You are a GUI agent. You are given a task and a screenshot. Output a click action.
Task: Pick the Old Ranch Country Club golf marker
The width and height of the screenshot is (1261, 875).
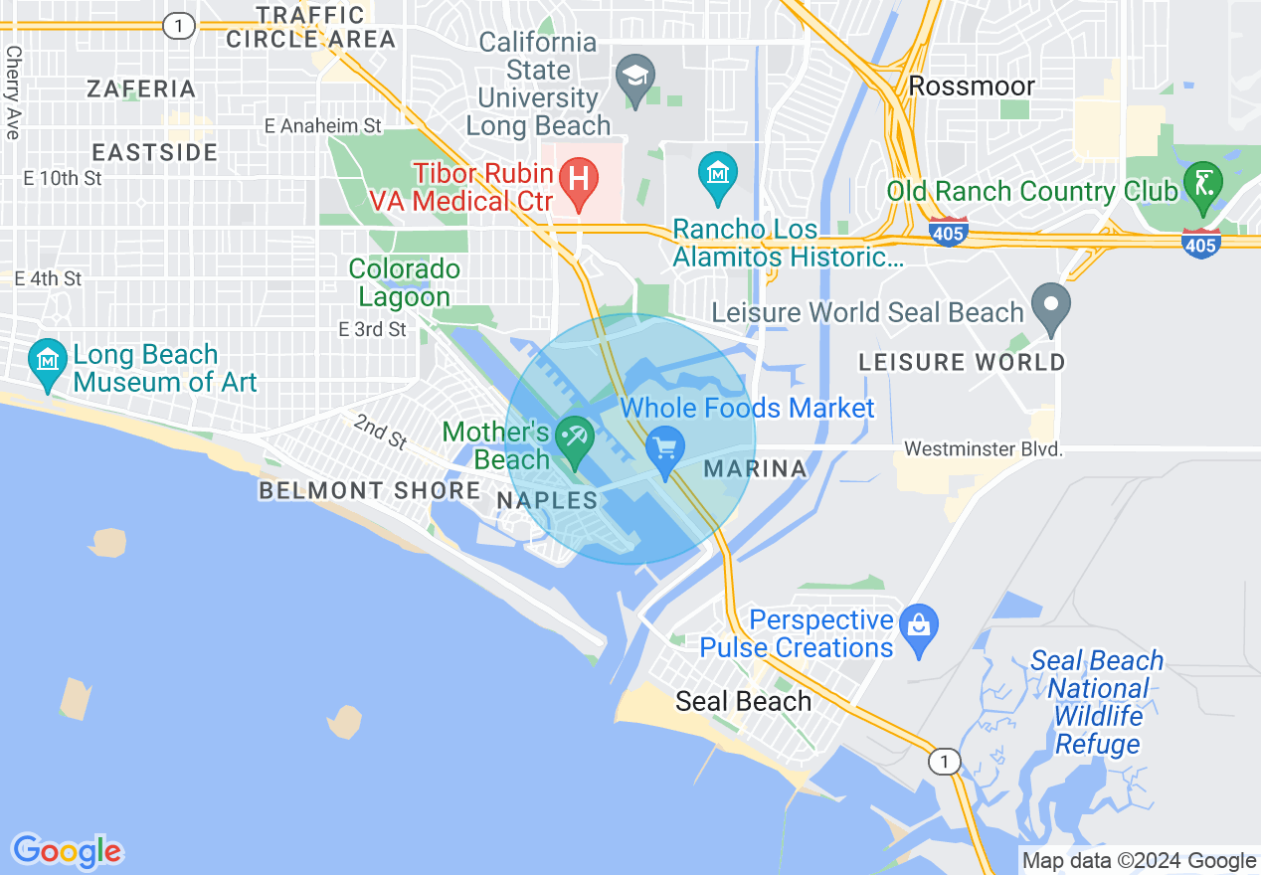(x=1202, y=185)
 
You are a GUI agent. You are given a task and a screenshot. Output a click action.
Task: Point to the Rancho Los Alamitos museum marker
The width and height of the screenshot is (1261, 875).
(x=717, y=176)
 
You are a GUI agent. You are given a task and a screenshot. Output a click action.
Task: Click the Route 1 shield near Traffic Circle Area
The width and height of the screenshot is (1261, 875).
(x=178, y=27)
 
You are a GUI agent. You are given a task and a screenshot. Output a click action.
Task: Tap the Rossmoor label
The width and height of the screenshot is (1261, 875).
(x=972, y=86)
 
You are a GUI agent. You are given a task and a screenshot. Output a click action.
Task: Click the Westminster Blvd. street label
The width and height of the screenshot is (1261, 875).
(x=984, y=450)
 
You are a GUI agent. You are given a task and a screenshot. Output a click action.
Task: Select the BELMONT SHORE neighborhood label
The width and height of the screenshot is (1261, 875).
(x=369, y=490)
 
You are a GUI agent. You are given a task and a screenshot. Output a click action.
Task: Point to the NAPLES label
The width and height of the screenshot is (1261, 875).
(x=547, y=500)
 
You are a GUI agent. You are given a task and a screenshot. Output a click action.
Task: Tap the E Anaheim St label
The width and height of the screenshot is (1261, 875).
(x=323, y=126)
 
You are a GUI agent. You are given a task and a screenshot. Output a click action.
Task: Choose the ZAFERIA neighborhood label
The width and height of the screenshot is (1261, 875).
(x=141, y=89)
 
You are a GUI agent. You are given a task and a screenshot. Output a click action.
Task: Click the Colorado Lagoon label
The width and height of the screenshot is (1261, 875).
(x=404, y=282)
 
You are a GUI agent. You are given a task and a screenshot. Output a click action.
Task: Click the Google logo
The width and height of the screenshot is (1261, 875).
(x=67, y=851)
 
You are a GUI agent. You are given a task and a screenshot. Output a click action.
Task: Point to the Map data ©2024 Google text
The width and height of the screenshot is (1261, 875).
(x=1140, y=861)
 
